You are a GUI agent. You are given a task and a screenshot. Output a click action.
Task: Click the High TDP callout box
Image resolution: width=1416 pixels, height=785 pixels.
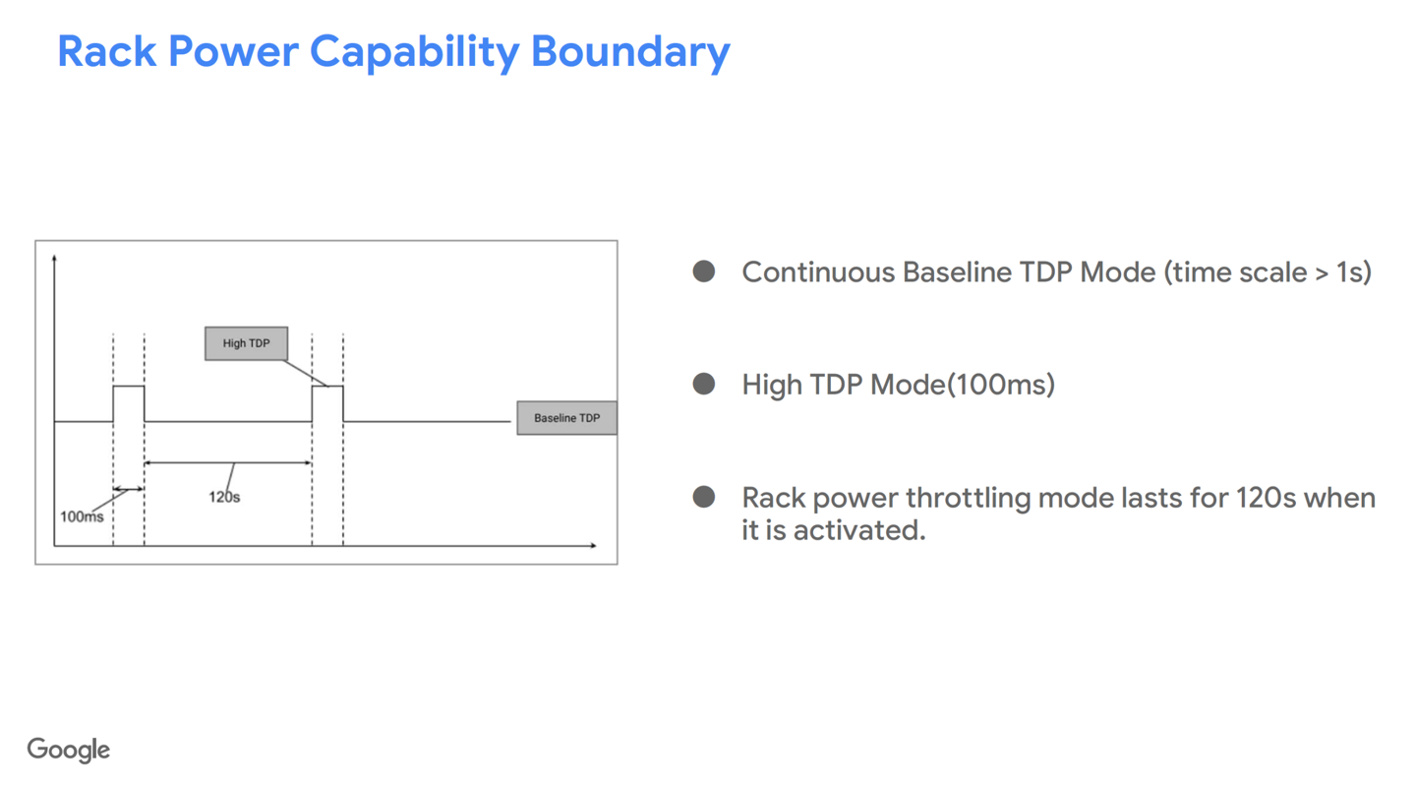tap(246, 343)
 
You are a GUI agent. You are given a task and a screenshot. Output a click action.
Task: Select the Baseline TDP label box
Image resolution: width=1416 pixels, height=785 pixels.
tap(566, 418)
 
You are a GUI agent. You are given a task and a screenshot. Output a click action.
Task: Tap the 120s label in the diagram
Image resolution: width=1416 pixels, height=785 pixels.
tap(224, 497)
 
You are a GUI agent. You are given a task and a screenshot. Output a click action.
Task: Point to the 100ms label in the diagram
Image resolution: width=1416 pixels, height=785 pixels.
tap(82, 516)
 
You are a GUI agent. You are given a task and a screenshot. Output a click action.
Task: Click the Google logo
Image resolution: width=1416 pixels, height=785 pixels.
tap(69, 750)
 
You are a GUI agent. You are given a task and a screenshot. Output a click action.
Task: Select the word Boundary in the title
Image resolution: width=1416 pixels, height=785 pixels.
tap(630, 51)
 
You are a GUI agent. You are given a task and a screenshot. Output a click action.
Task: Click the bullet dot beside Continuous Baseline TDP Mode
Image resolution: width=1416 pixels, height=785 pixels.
tap(704, 272)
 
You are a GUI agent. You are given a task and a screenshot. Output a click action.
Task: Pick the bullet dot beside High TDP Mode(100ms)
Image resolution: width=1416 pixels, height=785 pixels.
tap(704, 384)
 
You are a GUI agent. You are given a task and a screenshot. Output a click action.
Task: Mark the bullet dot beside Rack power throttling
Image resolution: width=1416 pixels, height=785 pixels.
tap(704, 497)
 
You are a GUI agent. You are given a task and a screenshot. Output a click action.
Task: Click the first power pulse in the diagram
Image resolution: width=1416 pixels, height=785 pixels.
tap(129, 403)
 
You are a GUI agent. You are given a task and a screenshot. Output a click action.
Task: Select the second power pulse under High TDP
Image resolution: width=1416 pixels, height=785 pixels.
tap(327, 403)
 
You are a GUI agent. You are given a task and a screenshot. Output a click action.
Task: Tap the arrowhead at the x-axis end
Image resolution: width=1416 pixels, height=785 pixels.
tap(592, 545)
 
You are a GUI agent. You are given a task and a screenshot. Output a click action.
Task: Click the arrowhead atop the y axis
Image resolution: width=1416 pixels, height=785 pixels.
tap(54, 260)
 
